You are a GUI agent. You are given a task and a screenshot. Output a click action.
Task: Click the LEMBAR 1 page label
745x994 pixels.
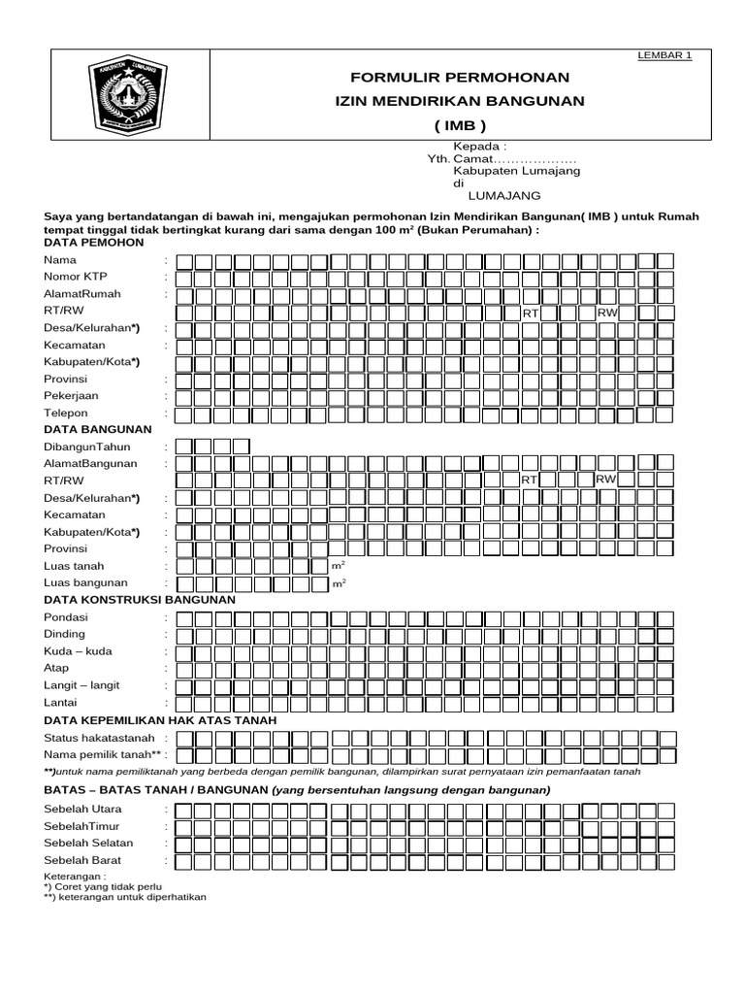(x=664, y=55)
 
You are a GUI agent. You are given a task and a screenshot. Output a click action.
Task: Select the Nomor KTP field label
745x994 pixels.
(x=76, y=277)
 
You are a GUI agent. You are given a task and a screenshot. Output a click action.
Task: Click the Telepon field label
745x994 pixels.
(x=66, y=414)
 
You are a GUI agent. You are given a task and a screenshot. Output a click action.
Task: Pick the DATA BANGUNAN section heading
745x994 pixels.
(x=97, y=429)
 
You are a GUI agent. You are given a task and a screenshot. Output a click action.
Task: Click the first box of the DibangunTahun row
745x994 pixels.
(x=181, y=447)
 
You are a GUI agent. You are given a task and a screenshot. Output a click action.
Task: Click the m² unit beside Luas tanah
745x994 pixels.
(x=339, y=565)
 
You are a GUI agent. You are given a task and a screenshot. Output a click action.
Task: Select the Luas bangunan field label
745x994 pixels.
(x=86, y=582)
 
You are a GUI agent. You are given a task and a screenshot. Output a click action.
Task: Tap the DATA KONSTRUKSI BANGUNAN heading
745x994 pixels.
(x=141, y=600)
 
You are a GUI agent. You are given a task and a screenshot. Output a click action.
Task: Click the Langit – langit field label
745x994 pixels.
(x=81, y=685)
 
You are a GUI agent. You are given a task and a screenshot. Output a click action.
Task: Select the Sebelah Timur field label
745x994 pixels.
(x=87, y=826)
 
